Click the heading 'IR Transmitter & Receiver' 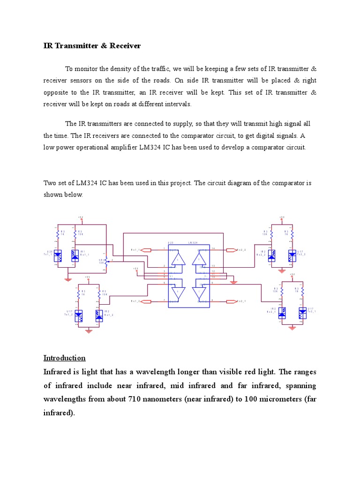pyautogui.click(x=92, y=46)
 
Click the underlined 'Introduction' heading pyautogui.click(x=65, y=358)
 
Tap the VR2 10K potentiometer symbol pyautogui.click(x=106, y=262)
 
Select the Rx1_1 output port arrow pyautogui.click(x=147, y=250)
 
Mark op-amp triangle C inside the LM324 pyautogui.click(x=202, y=293)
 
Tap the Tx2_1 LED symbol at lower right pyautogui.click(x=302, y=311)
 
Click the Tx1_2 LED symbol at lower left pyautogui.click(x=79, y=315)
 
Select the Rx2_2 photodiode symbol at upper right pyautogui.click(x=272, y=255)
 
